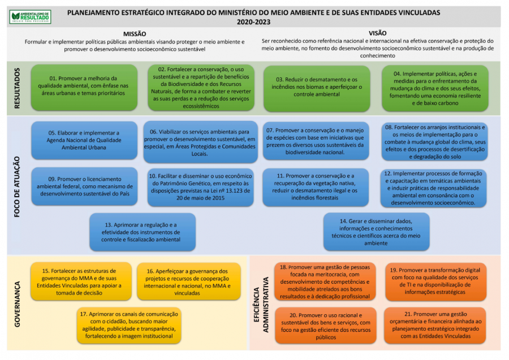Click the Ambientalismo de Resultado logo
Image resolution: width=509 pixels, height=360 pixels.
31,16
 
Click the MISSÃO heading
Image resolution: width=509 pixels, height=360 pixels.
135,34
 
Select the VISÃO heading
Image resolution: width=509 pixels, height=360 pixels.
377,33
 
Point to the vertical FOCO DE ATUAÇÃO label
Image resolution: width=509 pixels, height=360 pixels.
17,184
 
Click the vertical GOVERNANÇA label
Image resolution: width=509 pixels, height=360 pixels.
17,303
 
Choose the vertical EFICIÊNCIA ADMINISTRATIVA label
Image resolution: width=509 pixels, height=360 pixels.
261,304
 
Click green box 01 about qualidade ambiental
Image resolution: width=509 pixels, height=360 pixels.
84,85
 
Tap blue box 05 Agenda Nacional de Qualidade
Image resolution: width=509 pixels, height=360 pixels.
84,140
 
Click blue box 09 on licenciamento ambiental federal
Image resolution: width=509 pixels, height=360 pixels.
84,186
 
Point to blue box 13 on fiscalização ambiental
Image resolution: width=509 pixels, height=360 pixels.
143,232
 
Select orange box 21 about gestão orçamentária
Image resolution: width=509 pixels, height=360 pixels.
435,325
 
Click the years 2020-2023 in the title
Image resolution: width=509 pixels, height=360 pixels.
254,22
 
